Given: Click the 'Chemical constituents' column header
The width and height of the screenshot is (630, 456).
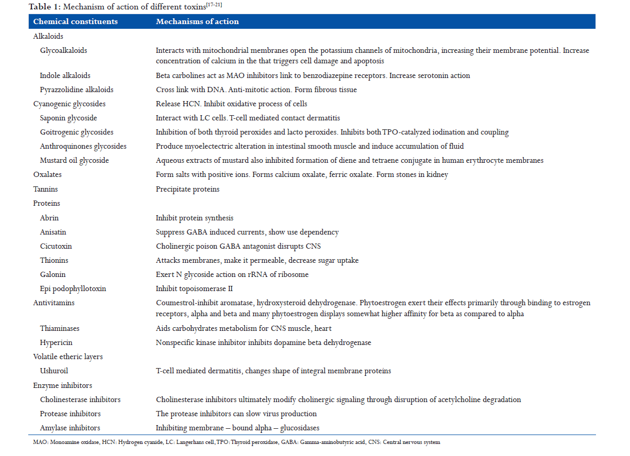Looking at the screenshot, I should pos(75,21).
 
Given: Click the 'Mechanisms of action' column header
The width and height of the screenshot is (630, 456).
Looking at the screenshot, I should pos(197,21).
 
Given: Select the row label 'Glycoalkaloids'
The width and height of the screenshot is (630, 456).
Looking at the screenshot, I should pos(63,51).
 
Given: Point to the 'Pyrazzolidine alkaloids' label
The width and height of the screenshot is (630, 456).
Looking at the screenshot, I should pos(76,90).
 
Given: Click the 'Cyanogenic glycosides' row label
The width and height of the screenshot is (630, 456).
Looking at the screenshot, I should pos(69,104).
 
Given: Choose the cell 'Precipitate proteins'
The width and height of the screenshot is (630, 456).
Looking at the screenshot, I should pos(187,189).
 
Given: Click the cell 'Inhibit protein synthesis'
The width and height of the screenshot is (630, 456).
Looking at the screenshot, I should pos(195,218).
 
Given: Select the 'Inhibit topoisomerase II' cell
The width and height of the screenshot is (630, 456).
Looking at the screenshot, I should pos(194,288).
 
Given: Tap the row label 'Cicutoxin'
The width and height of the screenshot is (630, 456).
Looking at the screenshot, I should pos(56,246).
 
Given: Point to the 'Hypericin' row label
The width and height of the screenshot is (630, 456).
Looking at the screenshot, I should pos(56,342).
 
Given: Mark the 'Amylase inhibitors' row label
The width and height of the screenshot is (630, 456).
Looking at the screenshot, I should pos(70,428).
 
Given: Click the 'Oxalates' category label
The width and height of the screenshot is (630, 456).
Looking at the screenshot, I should pos(47,175).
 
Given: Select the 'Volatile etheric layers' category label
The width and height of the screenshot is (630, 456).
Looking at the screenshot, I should pos(68,357).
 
